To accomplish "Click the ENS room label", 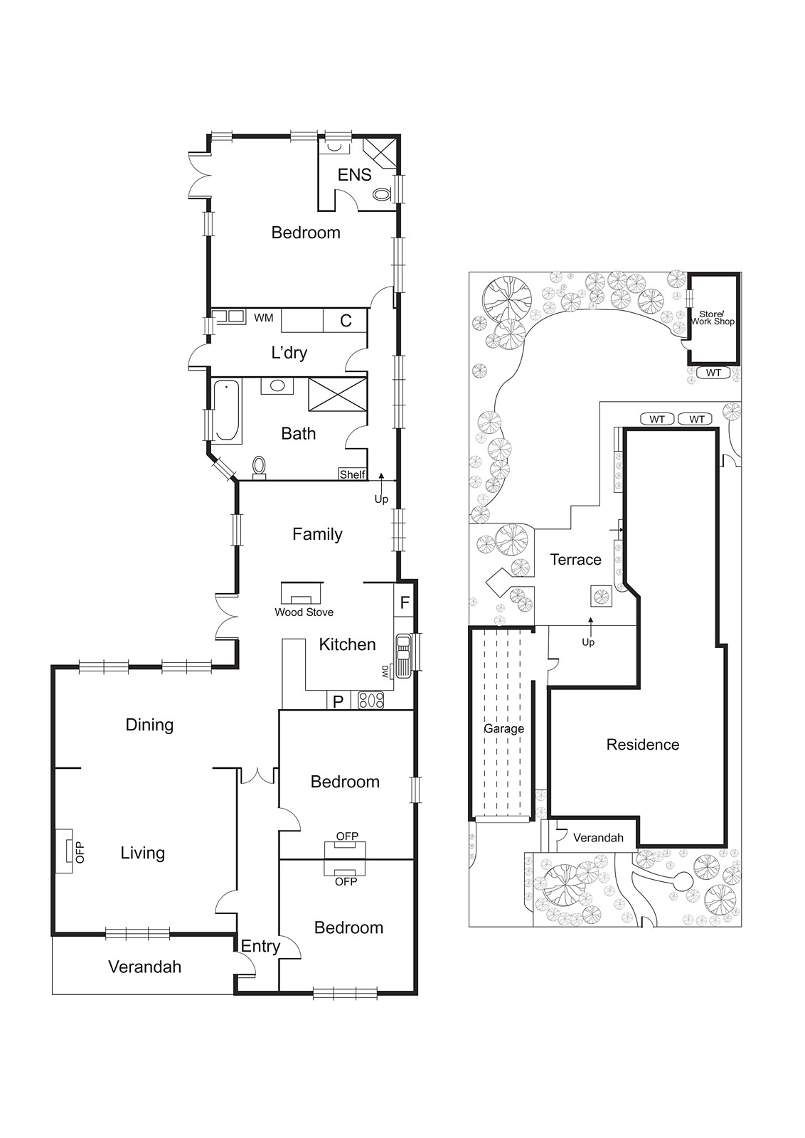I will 354,174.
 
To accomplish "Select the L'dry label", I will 289,352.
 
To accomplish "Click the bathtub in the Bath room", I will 228,411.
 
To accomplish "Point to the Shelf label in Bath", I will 352,474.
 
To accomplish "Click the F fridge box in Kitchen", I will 404,603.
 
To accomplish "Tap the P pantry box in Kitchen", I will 338,701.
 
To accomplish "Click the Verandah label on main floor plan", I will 144,967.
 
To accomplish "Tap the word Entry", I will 260,946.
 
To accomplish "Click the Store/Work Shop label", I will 713,318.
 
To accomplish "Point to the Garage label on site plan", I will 503,728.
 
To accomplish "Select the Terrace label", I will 575,560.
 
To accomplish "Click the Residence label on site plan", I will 642,745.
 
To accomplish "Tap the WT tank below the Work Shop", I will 713,373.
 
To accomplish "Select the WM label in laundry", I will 264,318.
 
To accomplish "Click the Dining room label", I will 149,725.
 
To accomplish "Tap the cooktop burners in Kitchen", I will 370,700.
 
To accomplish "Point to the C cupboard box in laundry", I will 346,321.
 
